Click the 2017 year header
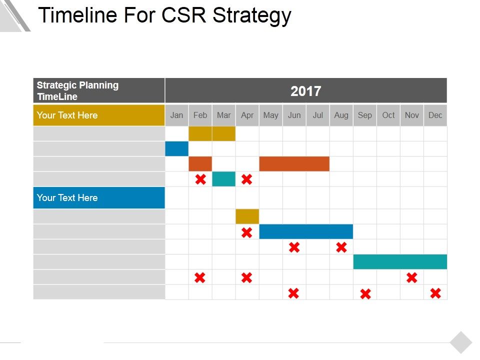[305, 91]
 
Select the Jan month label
[176, 115]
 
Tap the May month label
[270, 115]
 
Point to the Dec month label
[435, 115]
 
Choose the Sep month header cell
[364, 115]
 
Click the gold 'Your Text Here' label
[98, 115]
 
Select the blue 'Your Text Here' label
[98, 197]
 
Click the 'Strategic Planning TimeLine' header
[98, 90]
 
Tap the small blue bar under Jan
[176, 149]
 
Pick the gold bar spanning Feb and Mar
[212, 133]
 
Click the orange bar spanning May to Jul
[294, 164]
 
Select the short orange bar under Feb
[200, 164]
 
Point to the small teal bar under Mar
[223, 179]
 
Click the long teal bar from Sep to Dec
[400, 261]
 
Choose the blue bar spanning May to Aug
[306, 231]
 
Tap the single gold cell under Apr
[247, 216]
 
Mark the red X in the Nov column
[411, 277]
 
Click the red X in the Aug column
[341, 247]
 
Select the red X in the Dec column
[435, 293]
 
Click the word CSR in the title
[184, 15]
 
